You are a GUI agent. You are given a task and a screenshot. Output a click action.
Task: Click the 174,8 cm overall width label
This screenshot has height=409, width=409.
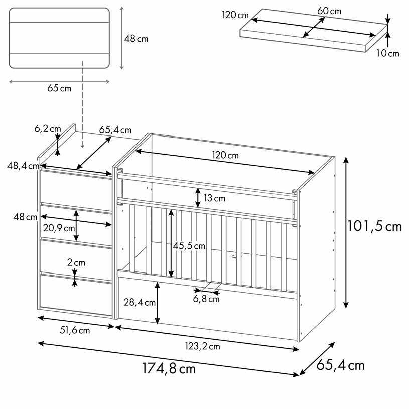169,369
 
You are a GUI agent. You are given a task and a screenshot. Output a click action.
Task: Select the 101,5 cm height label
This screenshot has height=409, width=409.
374,226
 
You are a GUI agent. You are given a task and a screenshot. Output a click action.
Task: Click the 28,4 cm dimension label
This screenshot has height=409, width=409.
140,302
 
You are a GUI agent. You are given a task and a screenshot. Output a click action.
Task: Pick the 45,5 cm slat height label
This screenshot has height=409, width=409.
189,246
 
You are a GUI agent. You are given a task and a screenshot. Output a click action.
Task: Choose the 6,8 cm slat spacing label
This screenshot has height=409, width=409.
206,299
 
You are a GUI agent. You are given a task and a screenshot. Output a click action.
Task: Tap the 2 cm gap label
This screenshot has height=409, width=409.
76,262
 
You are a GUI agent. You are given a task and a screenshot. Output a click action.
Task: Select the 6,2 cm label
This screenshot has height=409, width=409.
47,129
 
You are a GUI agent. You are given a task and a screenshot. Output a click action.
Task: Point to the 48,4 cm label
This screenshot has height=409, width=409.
24,166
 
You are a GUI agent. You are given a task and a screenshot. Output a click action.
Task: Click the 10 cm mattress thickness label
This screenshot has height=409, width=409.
387,53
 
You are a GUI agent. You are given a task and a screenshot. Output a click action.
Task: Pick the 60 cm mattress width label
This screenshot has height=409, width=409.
329,11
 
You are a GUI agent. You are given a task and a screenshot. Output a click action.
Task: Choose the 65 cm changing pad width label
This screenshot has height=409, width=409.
59,88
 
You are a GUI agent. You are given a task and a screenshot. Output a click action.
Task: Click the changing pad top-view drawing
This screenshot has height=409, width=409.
59,38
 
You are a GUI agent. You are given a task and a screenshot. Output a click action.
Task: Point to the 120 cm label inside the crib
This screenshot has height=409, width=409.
225,155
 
